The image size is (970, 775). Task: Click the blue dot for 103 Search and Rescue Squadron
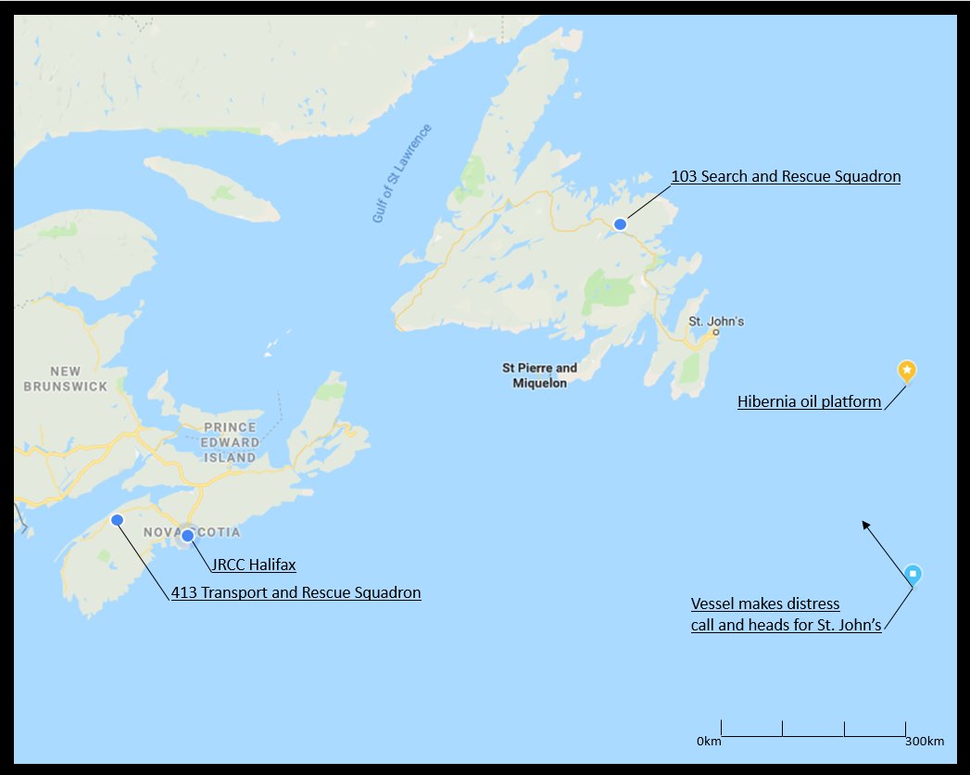[621, 223]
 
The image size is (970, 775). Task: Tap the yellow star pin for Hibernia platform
[907, 371]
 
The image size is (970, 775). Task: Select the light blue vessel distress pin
[913, 575]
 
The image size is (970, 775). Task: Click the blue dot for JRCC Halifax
[187, 535]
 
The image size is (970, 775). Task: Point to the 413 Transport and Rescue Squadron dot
[117, 520]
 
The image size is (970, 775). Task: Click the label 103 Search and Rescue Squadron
[786, 176]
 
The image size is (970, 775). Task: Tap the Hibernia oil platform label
[809, 402]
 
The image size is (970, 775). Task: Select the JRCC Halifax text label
[253, 564]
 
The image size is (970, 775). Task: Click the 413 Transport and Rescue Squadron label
[296, 592]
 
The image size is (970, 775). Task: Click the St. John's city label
[716, 322]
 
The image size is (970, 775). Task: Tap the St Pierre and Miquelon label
[539, 375]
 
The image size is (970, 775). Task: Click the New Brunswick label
[66, 378]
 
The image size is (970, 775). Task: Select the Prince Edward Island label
[230, 442]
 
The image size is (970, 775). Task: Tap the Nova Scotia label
[193, 532]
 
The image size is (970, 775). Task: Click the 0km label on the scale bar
[709, 742]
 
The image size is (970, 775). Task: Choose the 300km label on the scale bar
[924, 742]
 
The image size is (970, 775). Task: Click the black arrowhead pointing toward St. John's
[865, 525]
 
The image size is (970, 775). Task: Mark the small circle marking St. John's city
[716, 332]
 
